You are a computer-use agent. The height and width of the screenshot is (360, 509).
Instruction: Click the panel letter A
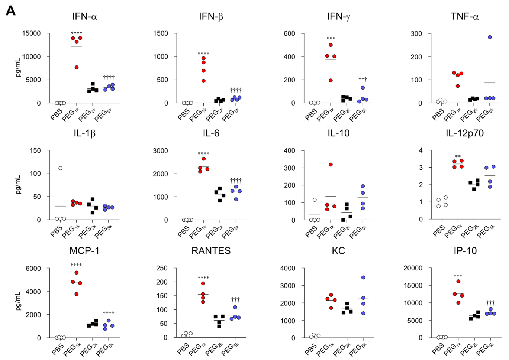click(x=11, y=11)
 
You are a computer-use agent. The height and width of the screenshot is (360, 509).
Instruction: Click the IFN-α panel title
click(x=84, y=16)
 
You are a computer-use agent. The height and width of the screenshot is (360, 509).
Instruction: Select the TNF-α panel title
click(x=464, y=16)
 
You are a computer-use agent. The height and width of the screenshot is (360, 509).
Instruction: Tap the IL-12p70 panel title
click(x=464, y=133)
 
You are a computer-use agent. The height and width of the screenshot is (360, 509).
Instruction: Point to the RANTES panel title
click(x=211, y=251)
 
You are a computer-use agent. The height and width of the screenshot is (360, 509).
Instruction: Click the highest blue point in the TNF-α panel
click(x=490, y=37)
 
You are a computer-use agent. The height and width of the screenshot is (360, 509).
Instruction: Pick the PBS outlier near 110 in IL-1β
click(x=60, y=168)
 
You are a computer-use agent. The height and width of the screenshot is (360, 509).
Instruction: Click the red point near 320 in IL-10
click(x=331, y=165)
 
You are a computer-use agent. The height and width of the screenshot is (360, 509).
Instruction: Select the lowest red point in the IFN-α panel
click(x=77, y=67)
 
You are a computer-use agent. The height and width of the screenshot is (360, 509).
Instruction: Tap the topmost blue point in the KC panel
click(x=363, y=278)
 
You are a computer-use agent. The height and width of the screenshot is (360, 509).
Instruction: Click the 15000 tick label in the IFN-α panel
click(x=31, y=33)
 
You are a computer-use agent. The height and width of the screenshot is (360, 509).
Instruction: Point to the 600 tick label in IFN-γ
click(x=289, y=33)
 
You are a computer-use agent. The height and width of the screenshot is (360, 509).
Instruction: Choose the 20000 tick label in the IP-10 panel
click(x=413, y=268)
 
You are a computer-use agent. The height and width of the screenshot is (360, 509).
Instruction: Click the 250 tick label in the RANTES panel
click(x=162, y=268)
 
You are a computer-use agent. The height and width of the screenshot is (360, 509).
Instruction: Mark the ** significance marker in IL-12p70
click(x=458, y=156)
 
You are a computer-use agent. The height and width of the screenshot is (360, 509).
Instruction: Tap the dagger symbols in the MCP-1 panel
click(x=109, y=313)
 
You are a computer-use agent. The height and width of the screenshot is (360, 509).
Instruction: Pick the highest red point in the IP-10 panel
click(x=458, y=282)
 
